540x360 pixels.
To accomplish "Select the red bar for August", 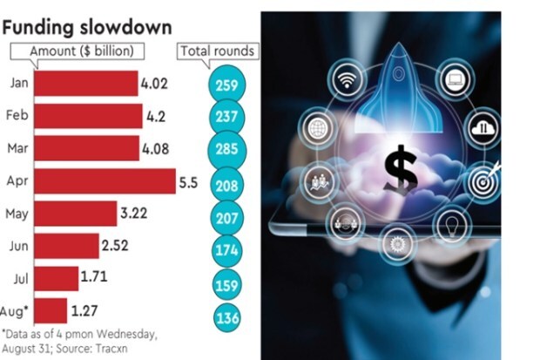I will click(49, 311).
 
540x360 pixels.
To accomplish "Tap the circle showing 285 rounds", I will click(227, 151).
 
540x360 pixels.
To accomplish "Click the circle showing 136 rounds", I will click(227, 318).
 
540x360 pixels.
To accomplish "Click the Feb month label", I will click(18, 116).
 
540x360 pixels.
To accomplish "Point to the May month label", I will click(18, 214).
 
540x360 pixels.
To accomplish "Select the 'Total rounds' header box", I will click(218, 51).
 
